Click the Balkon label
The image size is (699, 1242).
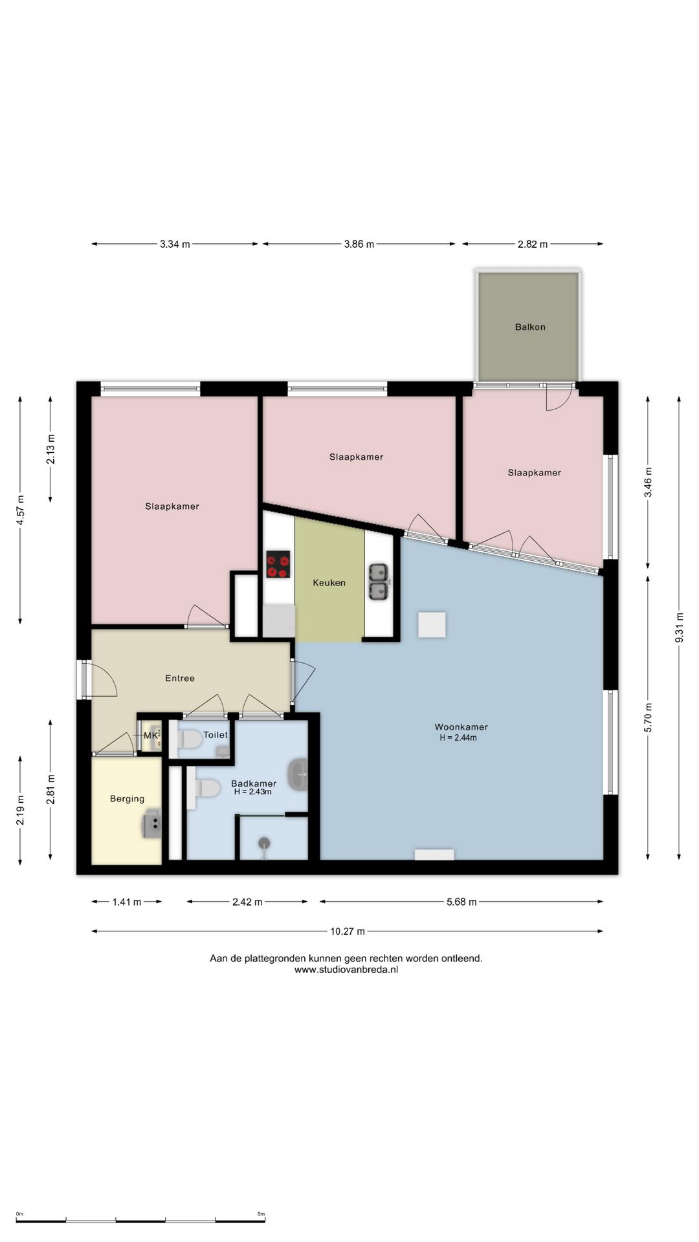tap(530, 327)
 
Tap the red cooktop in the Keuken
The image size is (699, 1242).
tap(278, 564)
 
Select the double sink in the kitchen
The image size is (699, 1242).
tap(379, 582)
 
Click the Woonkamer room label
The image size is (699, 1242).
tap(461, 727)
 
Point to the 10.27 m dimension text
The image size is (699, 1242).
tap(348, 931)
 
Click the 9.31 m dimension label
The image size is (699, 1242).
tap(679, 627)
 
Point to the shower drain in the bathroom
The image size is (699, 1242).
tap(264, 842)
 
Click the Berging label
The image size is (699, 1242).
tap(127, 799)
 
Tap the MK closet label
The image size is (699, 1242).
tap(150, 736)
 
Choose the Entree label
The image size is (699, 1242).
tap(180, 679)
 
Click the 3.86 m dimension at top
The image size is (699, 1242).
tap(359, 245)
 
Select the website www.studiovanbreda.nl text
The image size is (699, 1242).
tap(346, 970)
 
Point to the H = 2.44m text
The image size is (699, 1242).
tap(458, 738)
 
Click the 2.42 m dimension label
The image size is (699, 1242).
tap(247, 902)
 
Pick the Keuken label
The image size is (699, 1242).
tap(329, 583)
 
